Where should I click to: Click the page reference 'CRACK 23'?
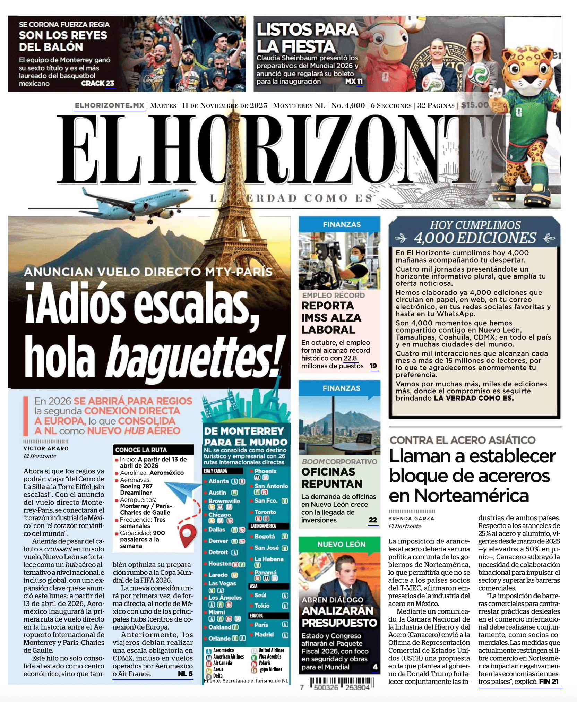click(x=97, y=83)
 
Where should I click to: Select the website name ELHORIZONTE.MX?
click(x=109, y=105)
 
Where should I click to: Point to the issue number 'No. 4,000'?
click(x=348, y=105)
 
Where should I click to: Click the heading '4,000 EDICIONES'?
click(x=475, y=238)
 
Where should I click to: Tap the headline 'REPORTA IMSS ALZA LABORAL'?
click(x=331, y=317)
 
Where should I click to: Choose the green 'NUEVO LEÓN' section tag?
click(x=341, y=544)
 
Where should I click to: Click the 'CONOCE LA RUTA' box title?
click(x=141, y=450)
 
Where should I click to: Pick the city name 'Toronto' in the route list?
click(x=265, y=512)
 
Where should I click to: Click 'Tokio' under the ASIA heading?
click(x=262, y=606)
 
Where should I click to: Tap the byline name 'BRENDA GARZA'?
click(x=411, y=519)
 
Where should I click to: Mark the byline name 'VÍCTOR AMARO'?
click(x=46, y=448)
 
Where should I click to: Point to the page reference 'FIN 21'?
click(x=549, y=681)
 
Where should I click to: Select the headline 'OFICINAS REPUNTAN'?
click(x=332, y=478)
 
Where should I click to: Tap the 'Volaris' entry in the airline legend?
click(x=265, y=663)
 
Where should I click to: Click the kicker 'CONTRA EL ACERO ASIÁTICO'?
click(x=463, y=440)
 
